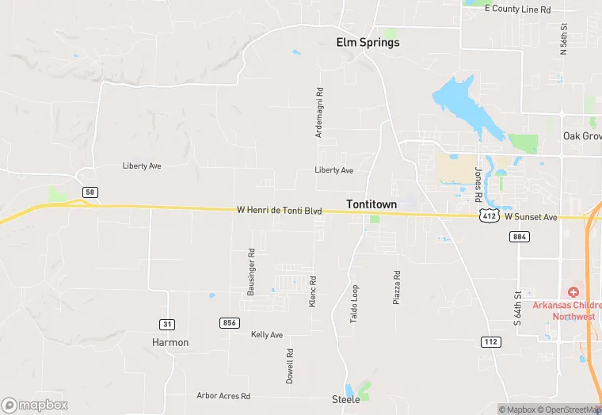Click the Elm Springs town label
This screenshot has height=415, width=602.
[364, 43]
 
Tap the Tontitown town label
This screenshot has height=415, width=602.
[371, 204]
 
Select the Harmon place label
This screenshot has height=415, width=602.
[170, 343]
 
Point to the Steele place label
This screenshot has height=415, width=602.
[345, 399]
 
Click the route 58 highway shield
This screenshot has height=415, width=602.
[90, 192]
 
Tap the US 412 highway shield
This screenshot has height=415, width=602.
[489, 216]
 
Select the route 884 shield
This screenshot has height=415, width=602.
[520, 237]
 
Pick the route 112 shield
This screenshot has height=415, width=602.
[490, 341]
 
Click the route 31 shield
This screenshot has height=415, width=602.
[166, 324]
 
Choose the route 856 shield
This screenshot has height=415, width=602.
[230, 322]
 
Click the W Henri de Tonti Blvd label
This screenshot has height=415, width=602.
[280, 211]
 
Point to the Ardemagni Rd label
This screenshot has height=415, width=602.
[319, 113]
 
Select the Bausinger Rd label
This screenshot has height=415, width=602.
[250, 272]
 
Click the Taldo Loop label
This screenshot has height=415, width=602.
[355, 303]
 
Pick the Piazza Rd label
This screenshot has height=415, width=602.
[398, 288]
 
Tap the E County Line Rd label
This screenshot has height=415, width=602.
[517, 9]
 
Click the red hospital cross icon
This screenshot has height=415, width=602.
[573, 293]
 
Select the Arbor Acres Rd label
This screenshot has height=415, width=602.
[223, 395]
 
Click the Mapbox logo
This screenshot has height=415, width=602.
[35, 405]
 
